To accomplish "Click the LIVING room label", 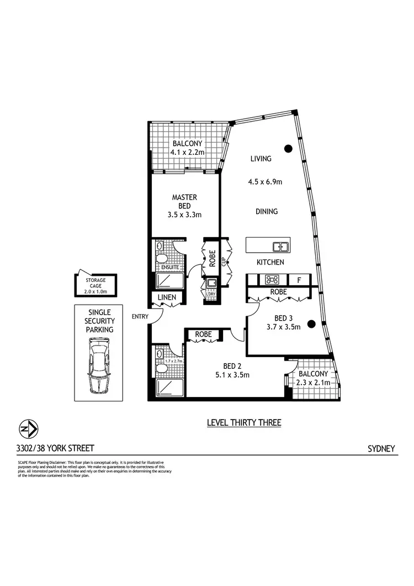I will click(x=261, y=159).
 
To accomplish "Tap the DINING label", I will click(x=266, y=211).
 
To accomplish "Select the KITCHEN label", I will click(x=270, y=262).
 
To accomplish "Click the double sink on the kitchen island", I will click(x=280, y=246).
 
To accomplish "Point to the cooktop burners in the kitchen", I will click(x=272, y=280).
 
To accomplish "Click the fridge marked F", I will click(x=299, y=280).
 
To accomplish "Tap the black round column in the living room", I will click(x=288, y=148).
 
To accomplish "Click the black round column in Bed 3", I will click(x=311, y=324).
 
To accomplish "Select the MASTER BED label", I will click(x=184, y=202).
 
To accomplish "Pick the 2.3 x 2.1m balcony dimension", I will click(x=314, y=382).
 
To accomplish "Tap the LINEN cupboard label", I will click(x=166, y=297).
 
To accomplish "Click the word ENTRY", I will click(x=140, y=317).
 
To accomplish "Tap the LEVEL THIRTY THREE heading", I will click(x=244, y=423).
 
